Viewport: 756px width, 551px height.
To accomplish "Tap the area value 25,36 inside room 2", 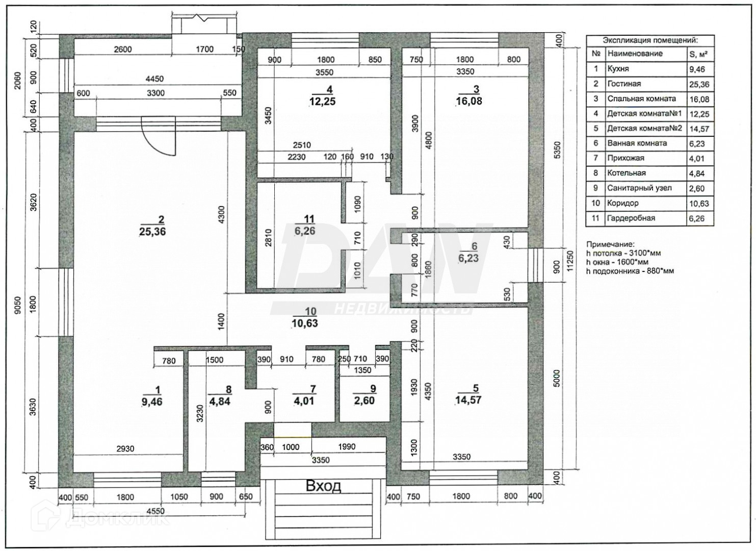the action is (x=152, y=232).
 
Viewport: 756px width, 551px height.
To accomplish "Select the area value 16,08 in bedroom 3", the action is (x=469, y=101).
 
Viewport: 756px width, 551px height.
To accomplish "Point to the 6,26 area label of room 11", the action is (x=305, y=231).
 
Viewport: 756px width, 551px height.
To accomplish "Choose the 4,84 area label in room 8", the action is (x=219, y=401).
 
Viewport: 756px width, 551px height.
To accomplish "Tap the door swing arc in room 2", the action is (x=158, y=138).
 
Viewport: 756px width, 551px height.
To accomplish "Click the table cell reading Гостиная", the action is (x=624, y=84).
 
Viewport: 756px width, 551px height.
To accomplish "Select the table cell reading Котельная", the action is (x=627, y=173).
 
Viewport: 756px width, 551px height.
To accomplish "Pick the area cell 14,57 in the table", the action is (x=699, y=129).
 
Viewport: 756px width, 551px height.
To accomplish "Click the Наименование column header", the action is (x=635, y=54).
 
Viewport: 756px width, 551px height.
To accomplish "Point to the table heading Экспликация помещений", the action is (x=650, y=40).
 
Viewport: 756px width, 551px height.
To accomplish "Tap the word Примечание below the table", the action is (x=610, y=244).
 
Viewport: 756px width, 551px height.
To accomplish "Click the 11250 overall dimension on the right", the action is (x=570, y=260).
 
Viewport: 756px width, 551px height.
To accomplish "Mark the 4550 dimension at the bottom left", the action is (x=155, y=511).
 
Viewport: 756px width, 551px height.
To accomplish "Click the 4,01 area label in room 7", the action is (x=305, y=400).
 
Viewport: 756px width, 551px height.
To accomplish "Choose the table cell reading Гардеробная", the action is (x=631, y=218).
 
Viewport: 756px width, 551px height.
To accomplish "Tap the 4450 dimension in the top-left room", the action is (x=154, y=79).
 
